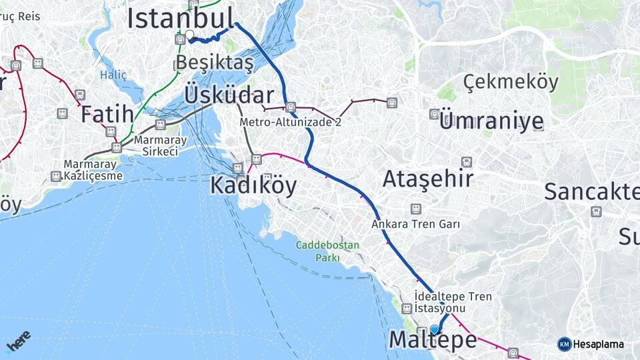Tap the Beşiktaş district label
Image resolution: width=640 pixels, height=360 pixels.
coord(214,64)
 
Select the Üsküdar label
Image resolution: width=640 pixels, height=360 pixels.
coord(229,95)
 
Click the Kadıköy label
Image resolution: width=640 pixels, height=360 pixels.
coord(253,185)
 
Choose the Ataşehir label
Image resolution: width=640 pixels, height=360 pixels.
coord(428,178)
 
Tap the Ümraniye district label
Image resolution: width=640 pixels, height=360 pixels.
coord(492,121)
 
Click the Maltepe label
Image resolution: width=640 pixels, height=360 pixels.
coord(433,340)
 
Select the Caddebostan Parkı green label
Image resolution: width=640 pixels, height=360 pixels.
coord(328,251)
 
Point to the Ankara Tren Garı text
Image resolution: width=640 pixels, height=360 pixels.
coord(416,225)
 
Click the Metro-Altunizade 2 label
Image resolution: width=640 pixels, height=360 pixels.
coord(291,123)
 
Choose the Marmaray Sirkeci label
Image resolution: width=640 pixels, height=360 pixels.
coord(160,146)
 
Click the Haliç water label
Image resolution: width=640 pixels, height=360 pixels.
coord(113,75)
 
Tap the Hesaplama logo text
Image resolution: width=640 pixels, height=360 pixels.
coord(599,344)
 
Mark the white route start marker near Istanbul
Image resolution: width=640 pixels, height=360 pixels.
coord(189,35)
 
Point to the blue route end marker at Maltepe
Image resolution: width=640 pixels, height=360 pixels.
coord(435,329)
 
